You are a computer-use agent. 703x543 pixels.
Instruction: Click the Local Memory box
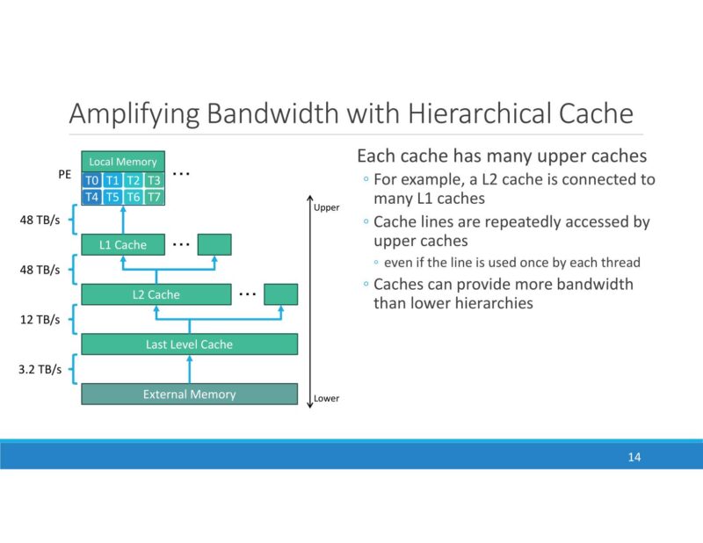point(123,162)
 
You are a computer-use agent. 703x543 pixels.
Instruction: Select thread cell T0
point(91,180)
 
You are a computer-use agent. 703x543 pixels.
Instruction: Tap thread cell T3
point(154,180)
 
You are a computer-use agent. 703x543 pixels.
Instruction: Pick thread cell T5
point(112,198)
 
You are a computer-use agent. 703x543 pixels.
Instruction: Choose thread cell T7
point(154,198)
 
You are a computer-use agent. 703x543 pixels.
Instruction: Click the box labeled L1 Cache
point(123,244)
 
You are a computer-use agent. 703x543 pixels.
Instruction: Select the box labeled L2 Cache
point(156,294)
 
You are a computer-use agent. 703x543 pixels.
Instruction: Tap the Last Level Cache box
point(189,344)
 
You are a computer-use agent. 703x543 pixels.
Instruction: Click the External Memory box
point(189,395)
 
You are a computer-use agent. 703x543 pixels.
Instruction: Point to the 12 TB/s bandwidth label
point(40,320)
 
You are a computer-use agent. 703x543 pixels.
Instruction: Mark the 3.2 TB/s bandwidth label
point(39,370)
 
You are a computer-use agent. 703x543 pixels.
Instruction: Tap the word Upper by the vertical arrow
point(326,208)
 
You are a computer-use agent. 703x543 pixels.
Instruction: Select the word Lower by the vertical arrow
point(326,398)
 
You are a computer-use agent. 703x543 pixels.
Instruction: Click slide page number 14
point(634,457)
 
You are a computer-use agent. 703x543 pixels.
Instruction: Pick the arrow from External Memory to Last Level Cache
point(189,369)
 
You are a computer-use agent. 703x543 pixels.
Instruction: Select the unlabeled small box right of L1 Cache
point(214,244)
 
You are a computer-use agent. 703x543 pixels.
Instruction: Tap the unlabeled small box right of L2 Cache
point(280,294)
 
